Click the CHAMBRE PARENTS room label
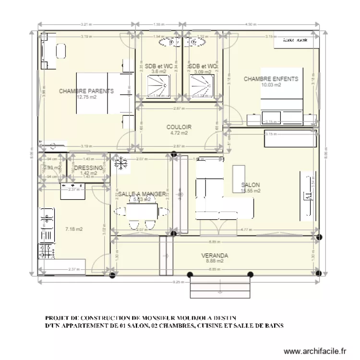(x=86, y=91)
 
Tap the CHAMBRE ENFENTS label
(x=271, y=79)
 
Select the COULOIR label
(x=179, y=127)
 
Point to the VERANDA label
(x=215, y=256)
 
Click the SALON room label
(x=251, y=185)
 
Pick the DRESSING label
(x=89, y=168)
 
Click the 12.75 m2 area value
(x=86, y=96)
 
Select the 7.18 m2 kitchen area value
(x=74, y=229)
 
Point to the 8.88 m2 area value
(x=215, y=262)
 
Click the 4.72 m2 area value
(x=179, y=133)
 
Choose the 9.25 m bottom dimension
(x=179, y=282)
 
